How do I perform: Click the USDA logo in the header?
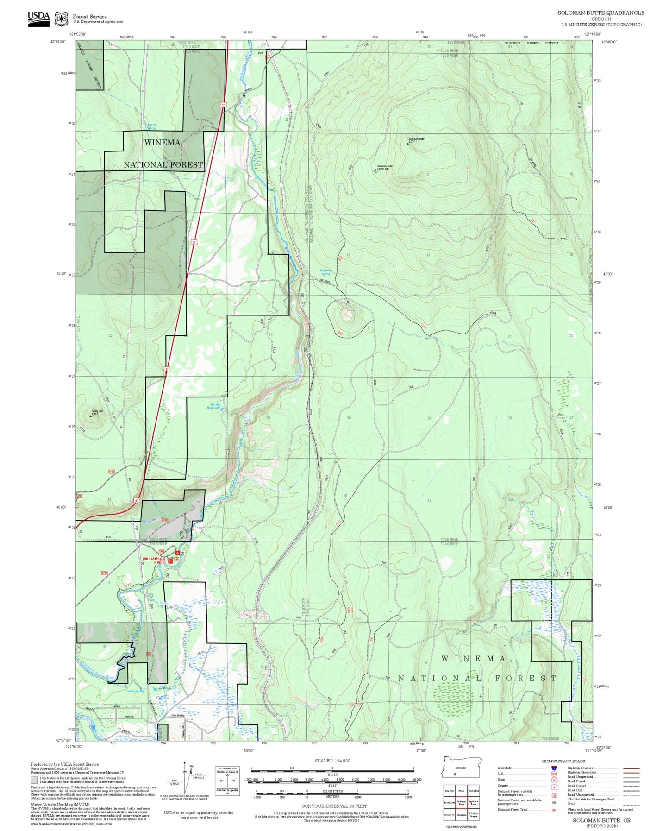click(x=38, y=19)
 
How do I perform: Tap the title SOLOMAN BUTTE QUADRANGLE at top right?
click(x=600, y=13)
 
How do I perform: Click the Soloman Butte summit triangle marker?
click(x=408, y=144)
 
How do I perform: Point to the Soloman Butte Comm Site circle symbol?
click(x=375, y=171)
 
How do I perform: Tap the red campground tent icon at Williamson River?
click(x=177, y=553)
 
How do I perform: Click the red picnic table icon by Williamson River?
click(x=170, y=561)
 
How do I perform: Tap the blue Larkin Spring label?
click(x=135, y=691)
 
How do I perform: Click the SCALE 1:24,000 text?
click(x=332, y=761)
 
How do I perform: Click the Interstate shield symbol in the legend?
click(x=554, y=768)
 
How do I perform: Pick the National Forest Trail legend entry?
click(x=512, y=809)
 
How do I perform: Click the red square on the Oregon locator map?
click(x=455, y=774)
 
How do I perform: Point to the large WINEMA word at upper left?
click(x=162, y=143)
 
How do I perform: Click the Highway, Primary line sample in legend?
click(x=631, y=768)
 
